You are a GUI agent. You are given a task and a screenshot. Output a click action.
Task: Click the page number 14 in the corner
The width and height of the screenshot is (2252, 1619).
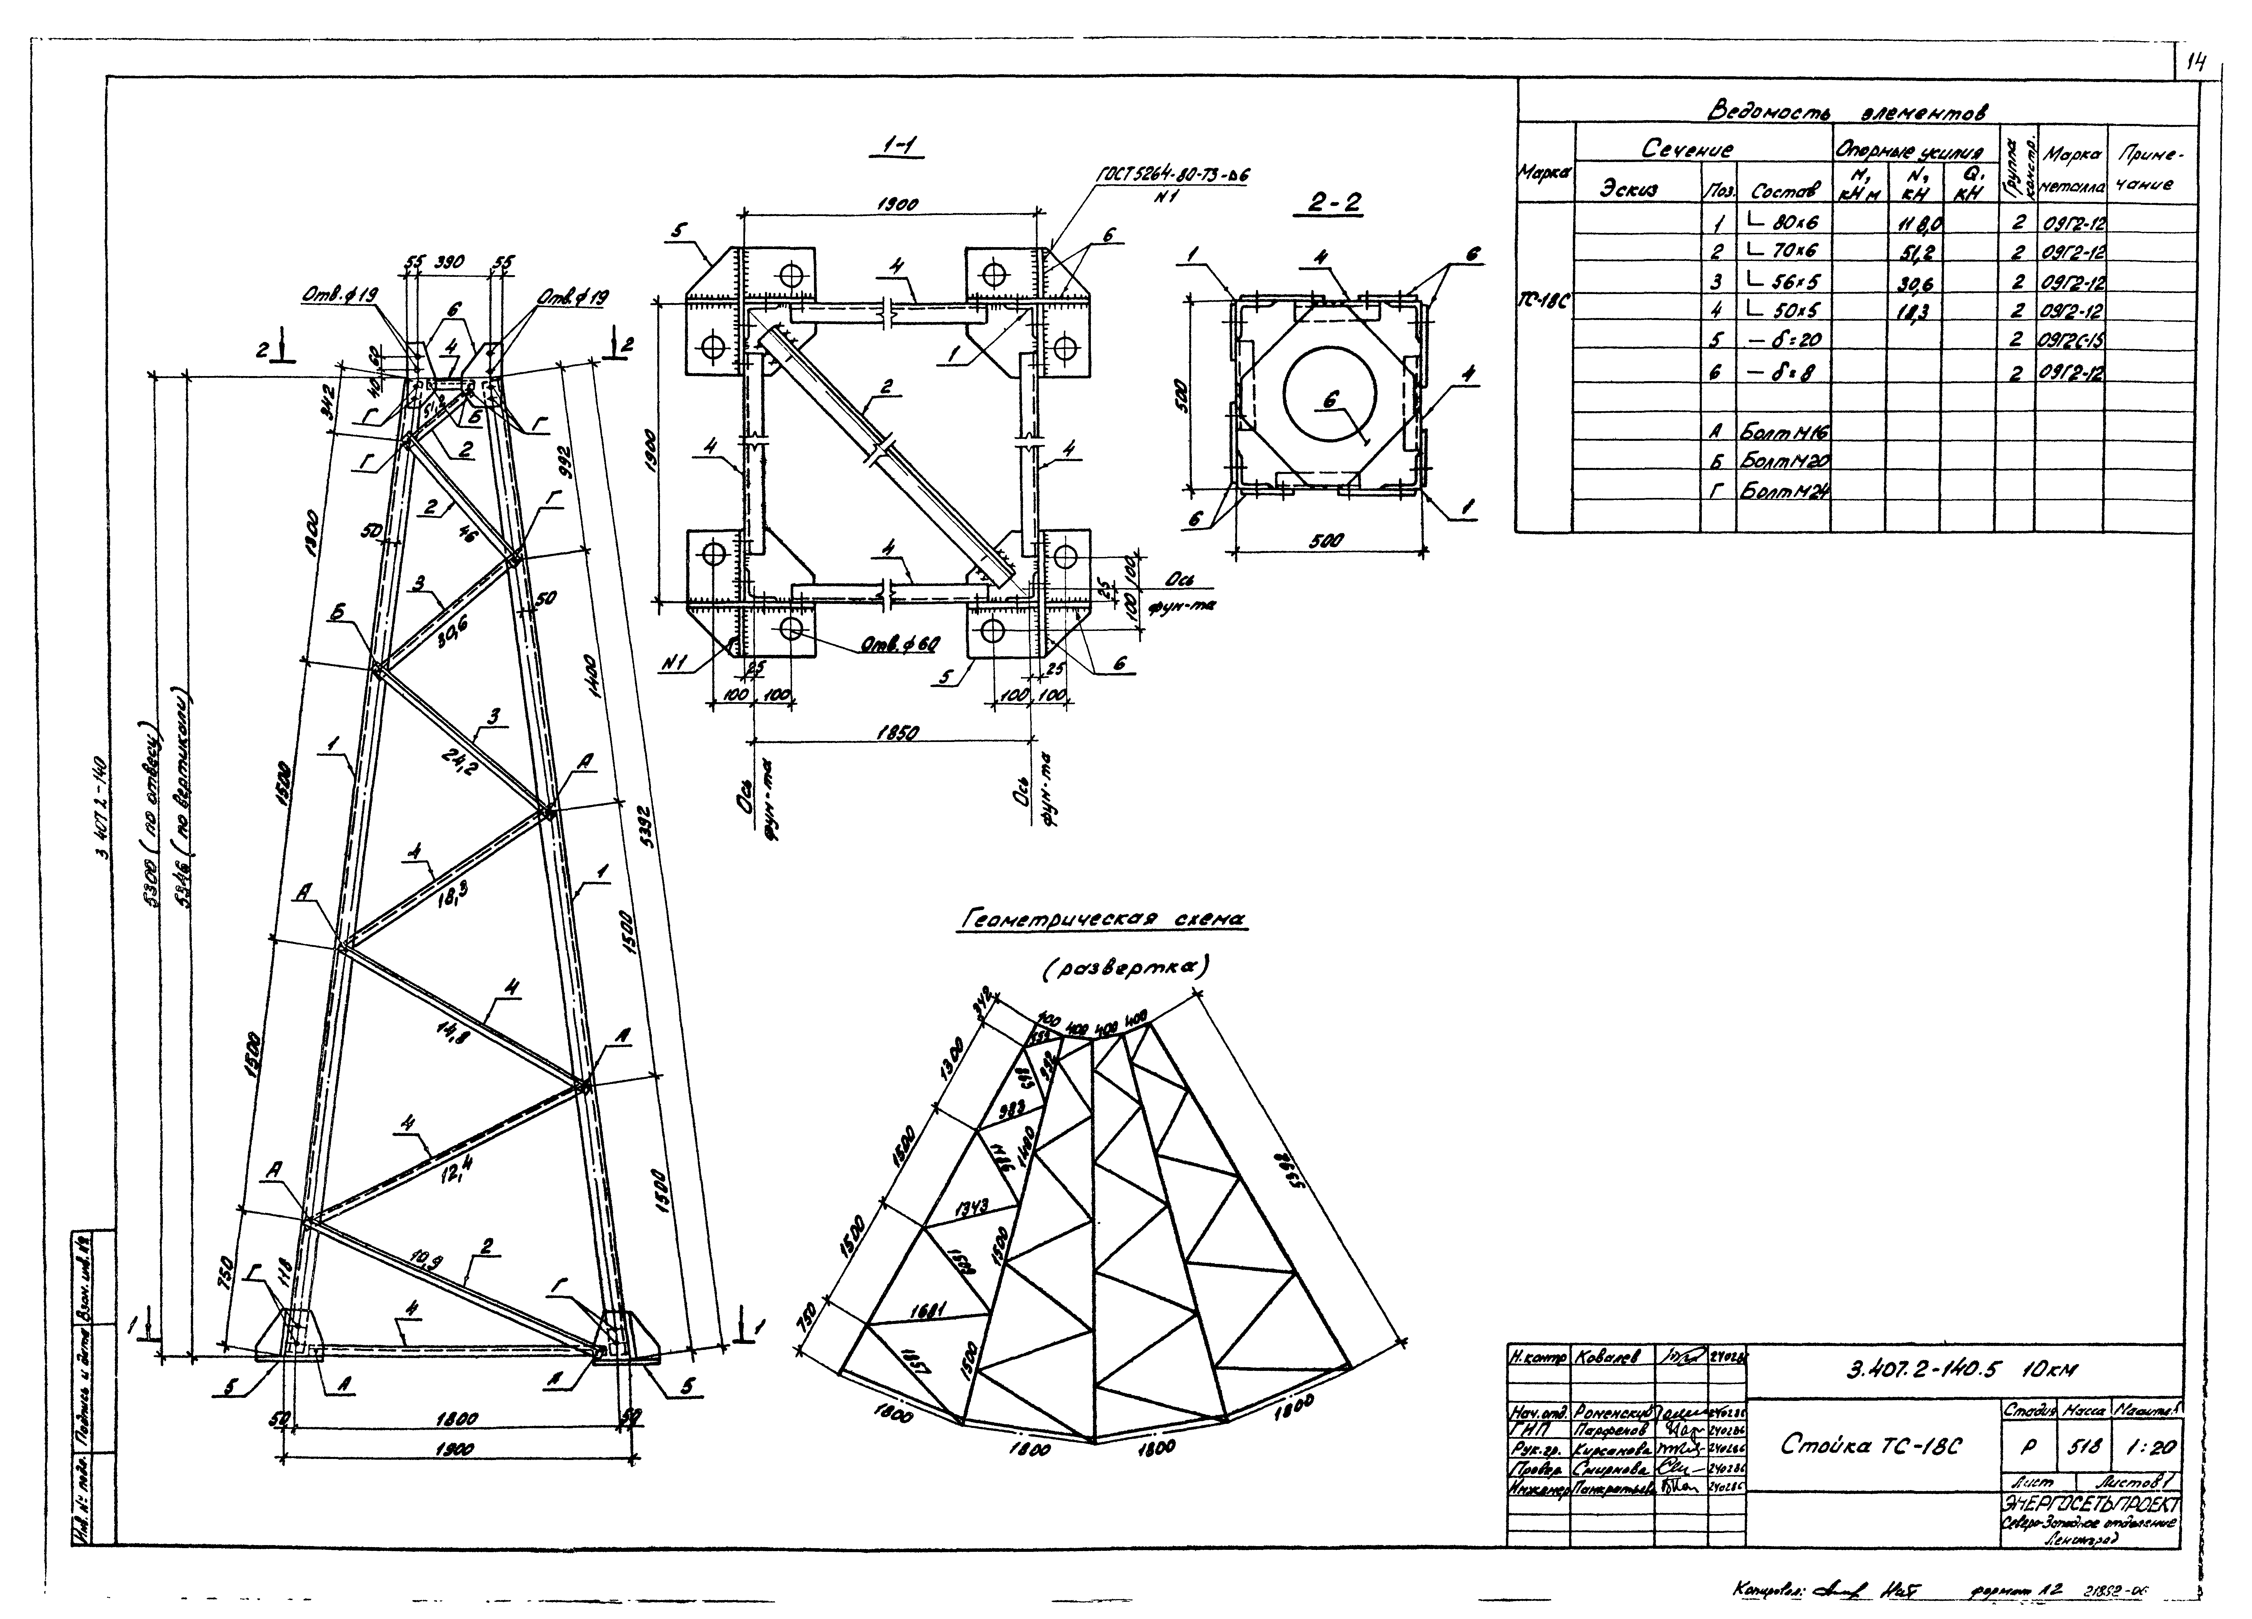(x=2193, y=63)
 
